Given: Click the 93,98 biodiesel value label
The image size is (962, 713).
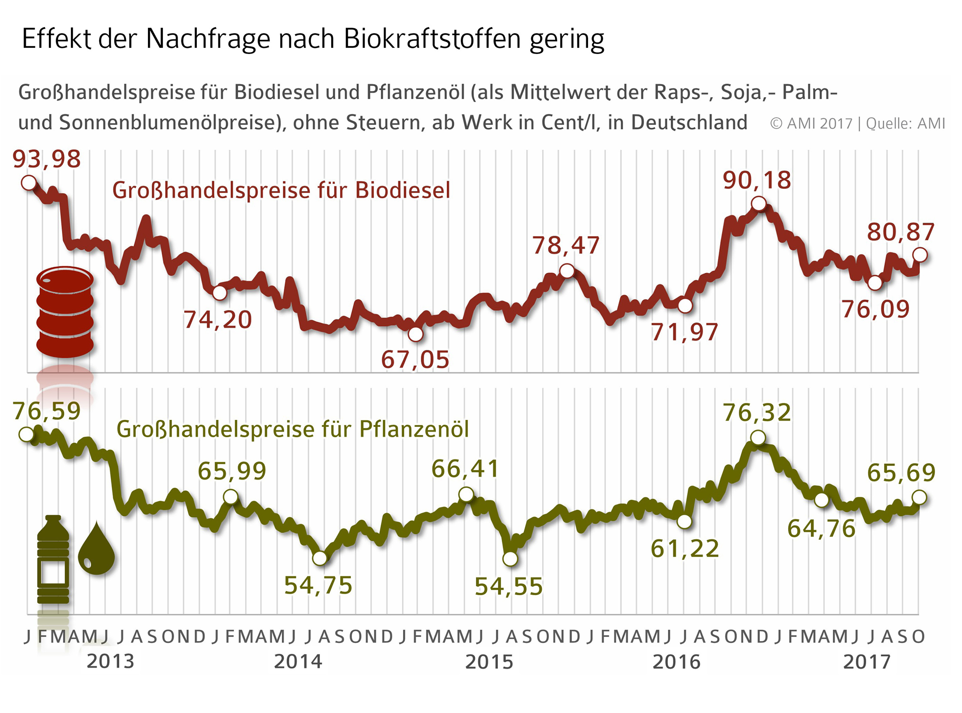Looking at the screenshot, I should (x=47, y=159).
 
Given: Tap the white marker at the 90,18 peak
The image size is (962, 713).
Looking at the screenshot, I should (x=759, y=203).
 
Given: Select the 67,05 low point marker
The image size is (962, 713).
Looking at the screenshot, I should (x=416, y=334).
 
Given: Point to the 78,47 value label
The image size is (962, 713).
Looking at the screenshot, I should (x=566, y=246).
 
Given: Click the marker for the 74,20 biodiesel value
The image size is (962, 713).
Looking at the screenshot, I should (x=219, y=293).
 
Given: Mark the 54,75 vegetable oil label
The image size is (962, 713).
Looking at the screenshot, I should (x=318, y=586).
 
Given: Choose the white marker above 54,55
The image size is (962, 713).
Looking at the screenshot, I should (x=510, y=559).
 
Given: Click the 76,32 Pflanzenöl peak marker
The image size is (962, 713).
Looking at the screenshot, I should (x=758, y=438).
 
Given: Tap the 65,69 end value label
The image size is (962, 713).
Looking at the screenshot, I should (x=901, y=473).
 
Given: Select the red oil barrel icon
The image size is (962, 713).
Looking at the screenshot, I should (x=65, y=312).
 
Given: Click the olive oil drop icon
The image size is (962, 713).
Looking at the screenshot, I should (x=96, y=549).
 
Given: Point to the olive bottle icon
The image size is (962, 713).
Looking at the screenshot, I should (x=53, y=559).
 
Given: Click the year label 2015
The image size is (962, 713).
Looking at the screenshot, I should (x=489, y=662).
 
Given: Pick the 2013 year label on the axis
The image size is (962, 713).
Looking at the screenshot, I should (x=110, y=661).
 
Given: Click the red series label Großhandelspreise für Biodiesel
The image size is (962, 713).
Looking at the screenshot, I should (x=281, y=191).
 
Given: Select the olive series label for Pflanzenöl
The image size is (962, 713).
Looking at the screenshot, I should (x=293, y=429).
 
